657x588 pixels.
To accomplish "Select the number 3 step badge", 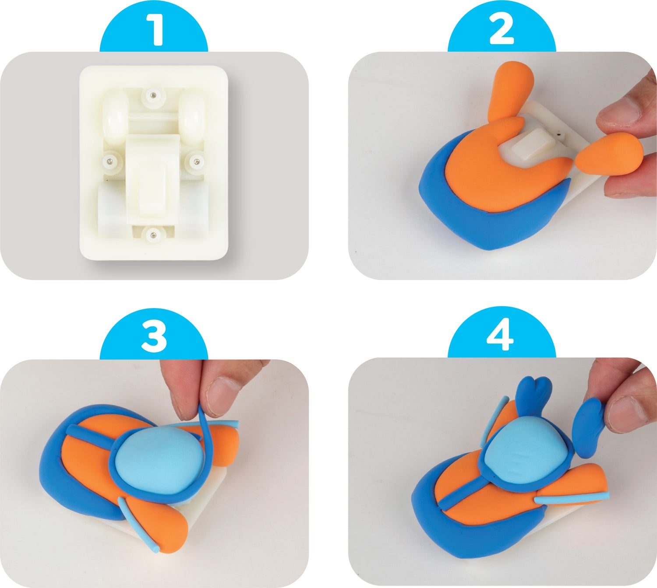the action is (154, 335).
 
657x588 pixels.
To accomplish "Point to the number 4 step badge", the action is (502, 334).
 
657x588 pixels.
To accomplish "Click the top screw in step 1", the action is (153, 95).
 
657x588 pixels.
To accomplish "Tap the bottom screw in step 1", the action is (153, 234).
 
